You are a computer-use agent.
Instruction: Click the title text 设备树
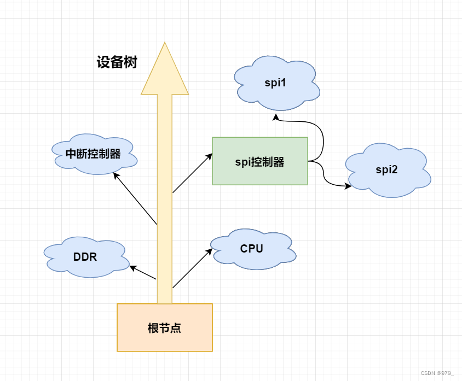[x=117, y=63]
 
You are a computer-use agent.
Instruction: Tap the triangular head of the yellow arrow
[x=165, y=71]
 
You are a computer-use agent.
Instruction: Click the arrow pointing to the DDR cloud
[x=143, y=273]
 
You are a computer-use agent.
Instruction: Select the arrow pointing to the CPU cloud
[x=192, y=268]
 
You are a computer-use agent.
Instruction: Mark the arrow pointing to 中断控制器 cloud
[x=135, y=198]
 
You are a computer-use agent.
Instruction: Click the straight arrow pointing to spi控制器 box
[x=192, y=173]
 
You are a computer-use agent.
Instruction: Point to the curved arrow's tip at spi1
[x=276, y=116]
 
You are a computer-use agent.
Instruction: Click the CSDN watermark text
[x=437, y=373]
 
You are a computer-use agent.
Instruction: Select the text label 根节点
[x=164, y=328]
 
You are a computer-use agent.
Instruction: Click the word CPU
[x=252, y=249]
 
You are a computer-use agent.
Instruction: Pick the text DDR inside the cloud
[x=85, y=257]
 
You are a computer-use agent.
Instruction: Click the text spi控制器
[x=259, y=162]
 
